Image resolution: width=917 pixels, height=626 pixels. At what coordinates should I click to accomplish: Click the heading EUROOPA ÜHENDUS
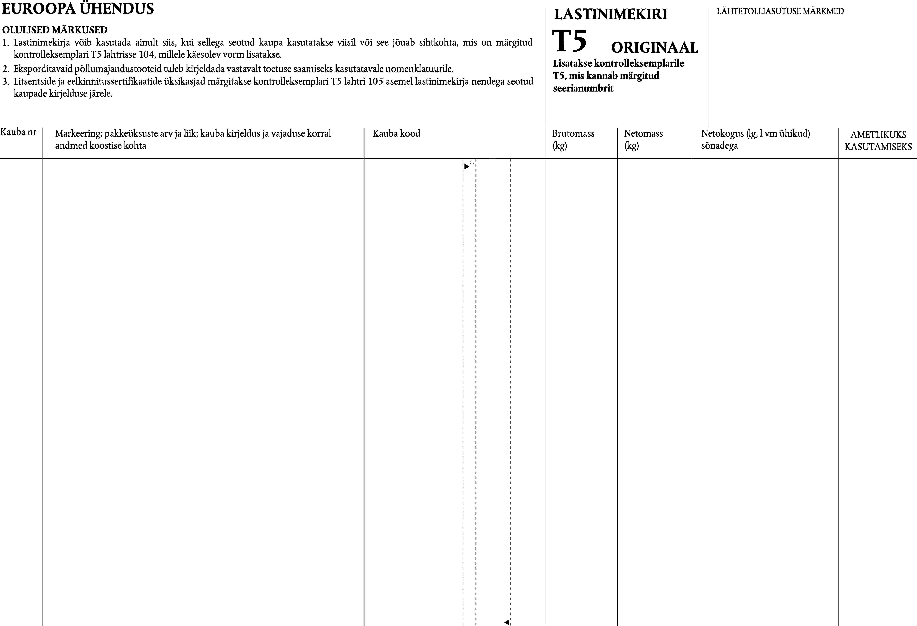point(78,9)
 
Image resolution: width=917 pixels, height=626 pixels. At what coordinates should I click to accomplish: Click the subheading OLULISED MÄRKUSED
point(55,30)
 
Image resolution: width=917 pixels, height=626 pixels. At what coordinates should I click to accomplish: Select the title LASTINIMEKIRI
point(610,15)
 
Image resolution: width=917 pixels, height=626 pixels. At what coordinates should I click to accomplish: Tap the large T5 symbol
point(569,41)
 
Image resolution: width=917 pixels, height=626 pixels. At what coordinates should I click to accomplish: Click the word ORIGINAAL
point(654,48)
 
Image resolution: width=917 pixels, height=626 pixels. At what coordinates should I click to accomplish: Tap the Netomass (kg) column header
point(643,139)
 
